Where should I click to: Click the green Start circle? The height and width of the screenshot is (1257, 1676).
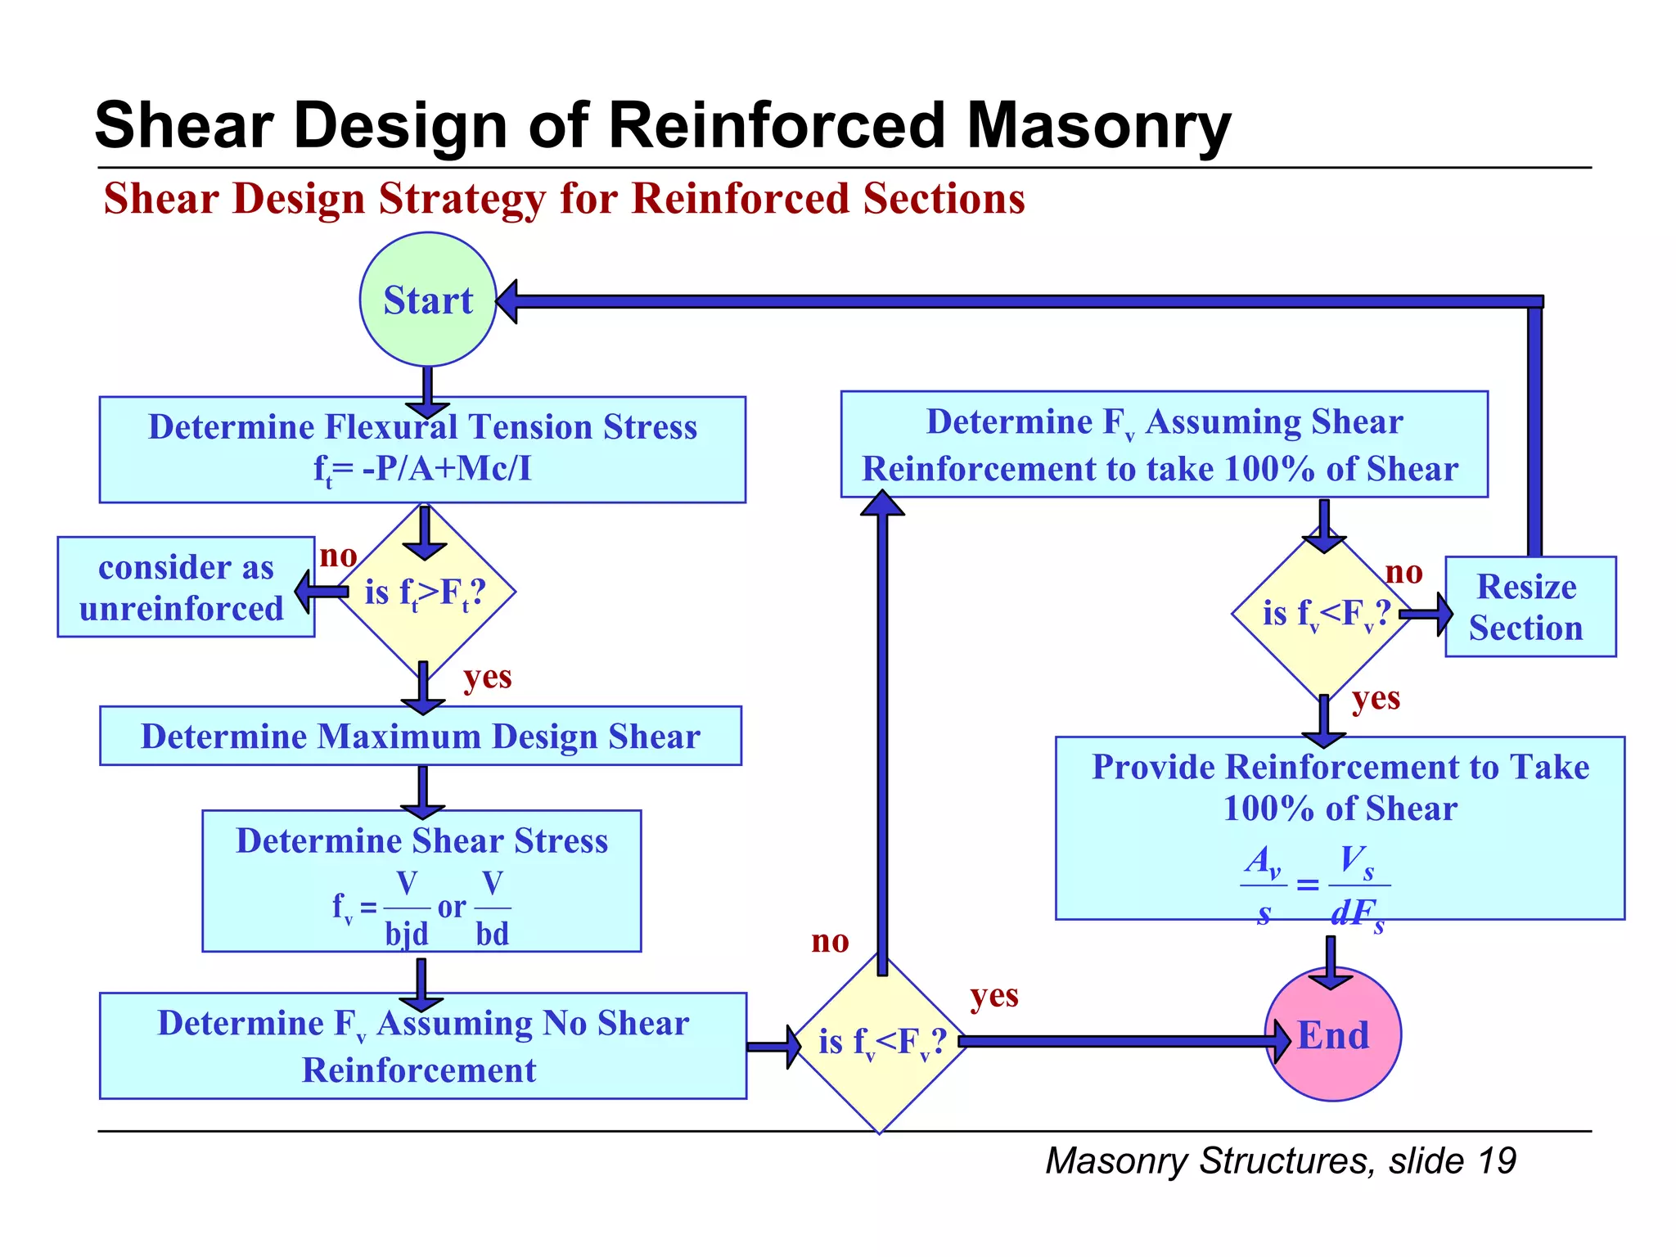click(x=428, y=300)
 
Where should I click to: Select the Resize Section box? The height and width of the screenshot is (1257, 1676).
click(x=1530, y=607)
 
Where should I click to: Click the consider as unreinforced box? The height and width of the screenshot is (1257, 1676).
click(x=186, y=588)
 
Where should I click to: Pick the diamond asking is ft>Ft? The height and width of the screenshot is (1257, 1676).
click(x=425, y=592)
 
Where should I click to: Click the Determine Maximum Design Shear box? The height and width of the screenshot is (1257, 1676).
click(x=421, y=737)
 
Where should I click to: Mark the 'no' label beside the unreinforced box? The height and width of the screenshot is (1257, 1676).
click(x=338, y=556)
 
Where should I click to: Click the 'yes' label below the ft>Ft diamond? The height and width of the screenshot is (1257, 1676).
click(x=487, y=678)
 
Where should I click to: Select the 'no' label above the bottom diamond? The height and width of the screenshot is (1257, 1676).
click(x=830, y=941)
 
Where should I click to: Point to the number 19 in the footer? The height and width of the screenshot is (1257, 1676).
click(x=1497, y=1161)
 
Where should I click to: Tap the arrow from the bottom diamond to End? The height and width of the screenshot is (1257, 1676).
click(x=1121, y=1041)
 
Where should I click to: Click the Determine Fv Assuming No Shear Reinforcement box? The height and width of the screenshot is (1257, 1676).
click(x=422, y=1046)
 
